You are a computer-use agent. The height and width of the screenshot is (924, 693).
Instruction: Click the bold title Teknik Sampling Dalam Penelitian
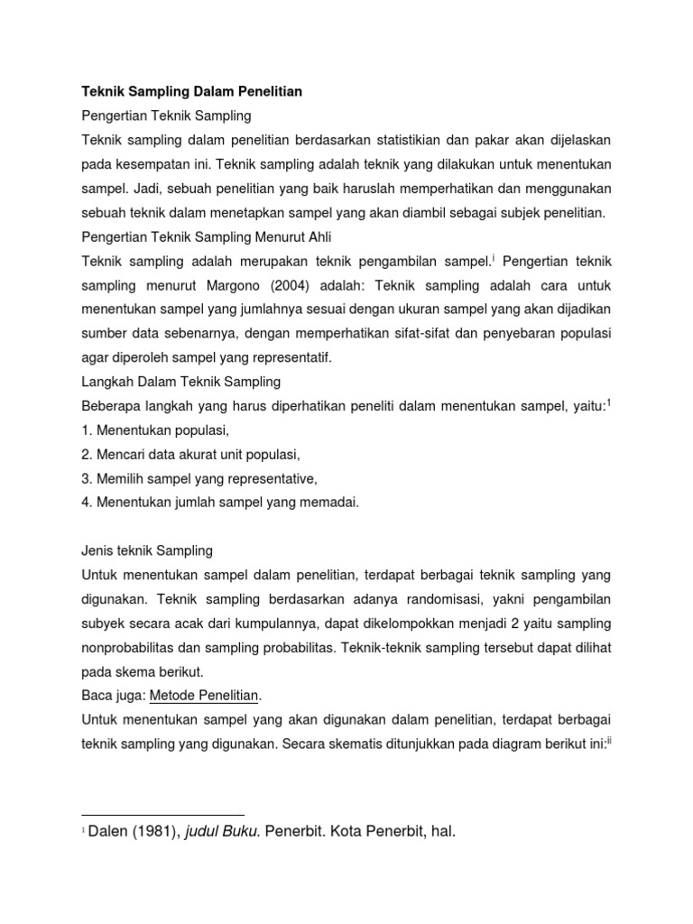(192, 92)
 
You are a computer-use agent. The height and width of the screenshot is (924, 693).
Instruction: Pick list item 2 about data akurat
(190, 454)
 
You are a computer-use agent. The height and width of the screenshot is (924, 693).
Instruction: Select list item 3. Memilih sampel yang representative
(199, 478)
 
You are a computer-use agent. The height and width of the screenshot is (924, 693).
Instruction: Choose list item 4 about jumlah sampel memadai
(220, 503)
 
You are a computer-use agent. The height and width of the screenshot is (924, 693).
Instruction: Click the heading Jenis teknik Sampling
(147, 550)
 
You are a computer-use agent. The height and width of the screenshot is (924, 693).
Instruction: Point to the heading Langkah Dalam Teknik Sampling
(180, 381)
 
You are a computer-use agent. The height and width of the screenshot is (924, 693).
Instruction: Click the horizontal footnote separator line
(162, 814)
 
